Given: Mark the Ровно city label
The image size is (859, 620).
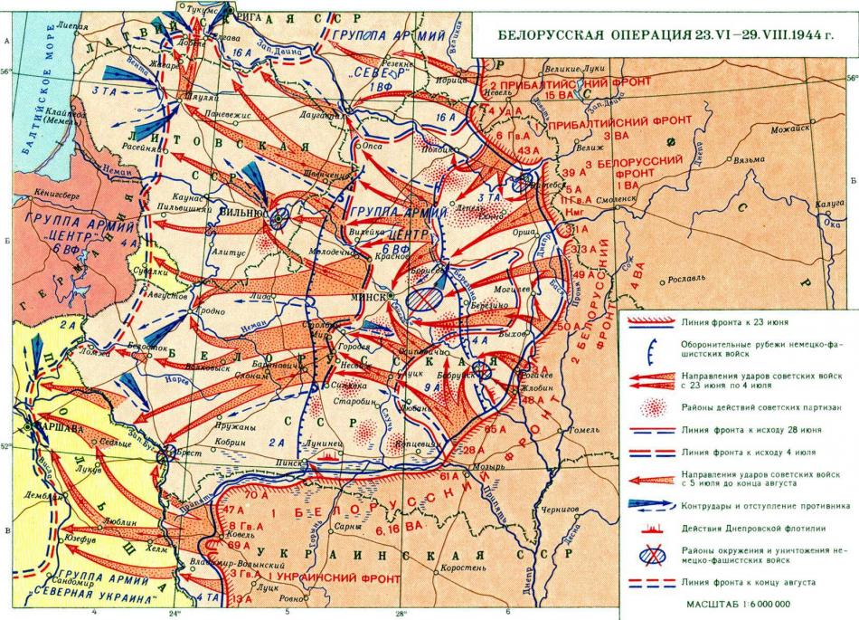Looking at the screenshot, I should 288,598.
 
